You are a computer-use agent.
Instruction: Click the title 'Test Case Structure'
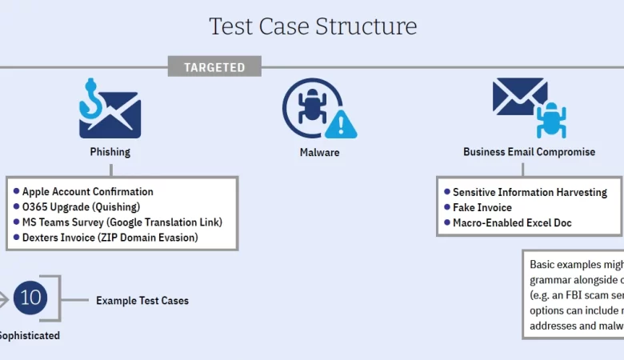(313, 26)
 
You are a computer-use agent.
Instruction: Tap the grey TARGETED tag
(214, 67)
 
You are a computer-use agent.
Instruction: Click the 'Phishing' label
(110, 152)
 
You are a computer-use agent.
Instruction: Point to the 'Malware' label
(319, 152)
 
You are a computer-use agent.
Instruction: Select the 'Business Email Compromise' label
(529, 152)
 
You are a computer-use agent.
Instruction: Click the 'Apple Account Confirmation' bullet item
(87, 192)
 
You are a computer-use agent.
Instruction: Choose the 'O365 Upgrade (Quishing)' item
(82, 207)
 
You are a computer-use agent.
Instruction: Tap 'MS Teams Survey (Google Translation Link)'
(122, 222)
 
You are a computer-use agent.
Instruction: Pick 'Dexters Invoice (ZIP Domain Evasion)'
(110, 238)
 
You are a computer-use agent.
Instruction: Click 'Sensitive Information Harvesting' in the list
(530, 192)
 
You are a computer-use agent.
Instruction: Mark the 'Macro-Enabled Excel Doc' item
(512, 222)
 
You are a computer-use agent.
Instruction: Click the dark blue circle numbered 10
(30, 298)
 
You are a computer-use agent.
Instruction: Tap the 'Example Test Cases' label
(142, 301)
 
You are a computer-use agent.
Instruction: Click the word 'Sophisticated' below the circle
(29, 335)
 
